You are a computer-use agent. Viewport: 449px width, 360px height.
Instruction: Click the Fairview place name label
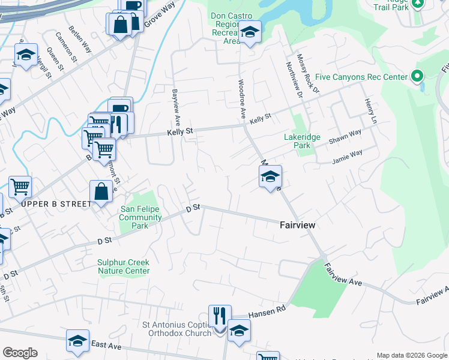pos(297,225)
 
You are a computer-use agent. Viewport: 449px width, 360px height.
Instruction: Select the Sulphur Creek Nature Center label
pos(124,266)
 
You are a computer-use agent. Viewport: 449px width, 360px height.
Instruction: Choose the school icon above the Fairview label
pos(270,176)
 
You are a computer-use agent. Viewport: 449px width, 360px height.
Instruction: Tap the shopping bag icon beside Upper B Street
pos(100,192)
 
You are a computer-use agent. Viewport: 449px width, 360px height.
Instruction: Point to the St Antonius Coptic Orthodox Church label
pos(176,329)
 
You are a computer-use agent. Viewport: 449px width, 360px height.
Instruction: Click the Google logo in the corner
pos(20,353)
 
